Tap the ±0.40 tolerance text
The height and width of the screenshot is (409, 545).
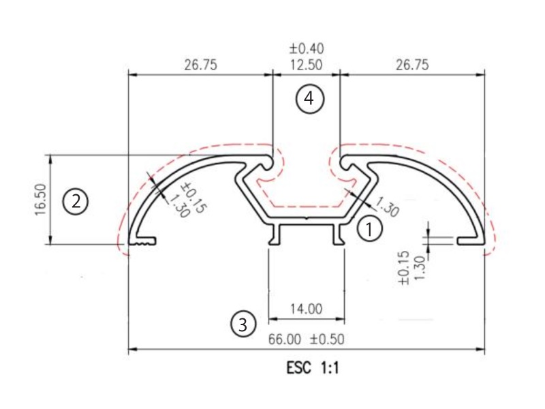click(306, 49)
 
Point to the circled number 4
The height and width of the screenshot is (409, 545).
click(309, 99)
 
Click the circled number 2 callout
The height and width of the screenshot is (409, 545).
click(76, 201)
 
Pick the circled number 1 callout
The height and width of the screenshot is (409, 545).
click(370, 229)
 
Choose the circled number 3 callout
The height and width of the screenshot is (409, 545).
click(243, 322)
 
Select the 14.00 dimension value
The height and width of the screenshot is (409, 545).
click(306, 309)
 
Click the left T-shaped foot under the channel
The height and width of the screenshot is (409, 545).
click(275, 234)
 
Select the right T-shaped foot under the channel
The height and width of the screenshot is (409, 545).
click(338, 234)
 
